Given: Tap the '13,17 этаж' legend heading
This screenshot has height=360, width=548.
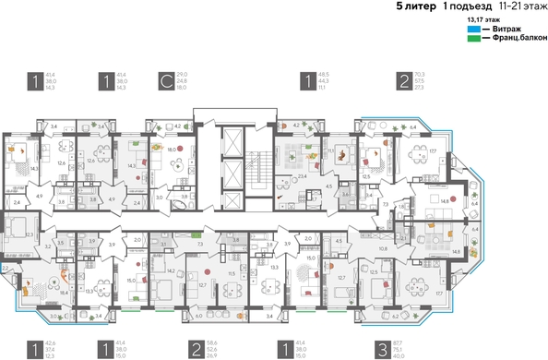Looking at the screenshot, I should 483,18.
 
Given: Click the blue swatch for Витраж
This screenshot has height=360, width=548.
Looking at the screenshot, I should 473,29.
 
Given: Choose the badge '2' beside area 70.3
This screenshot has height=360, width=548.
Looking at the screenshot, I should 404,81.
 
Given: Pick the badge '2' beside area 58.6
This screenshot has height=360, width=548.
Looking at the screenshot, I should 196,347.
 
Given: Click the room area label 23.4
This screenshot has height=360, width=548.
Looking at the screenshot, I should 302,162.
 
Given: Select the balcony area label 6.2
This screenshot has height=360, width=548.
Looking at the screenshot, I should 397,316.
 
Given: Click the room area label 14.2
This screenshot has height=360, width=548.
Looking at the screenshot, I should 172,271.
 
